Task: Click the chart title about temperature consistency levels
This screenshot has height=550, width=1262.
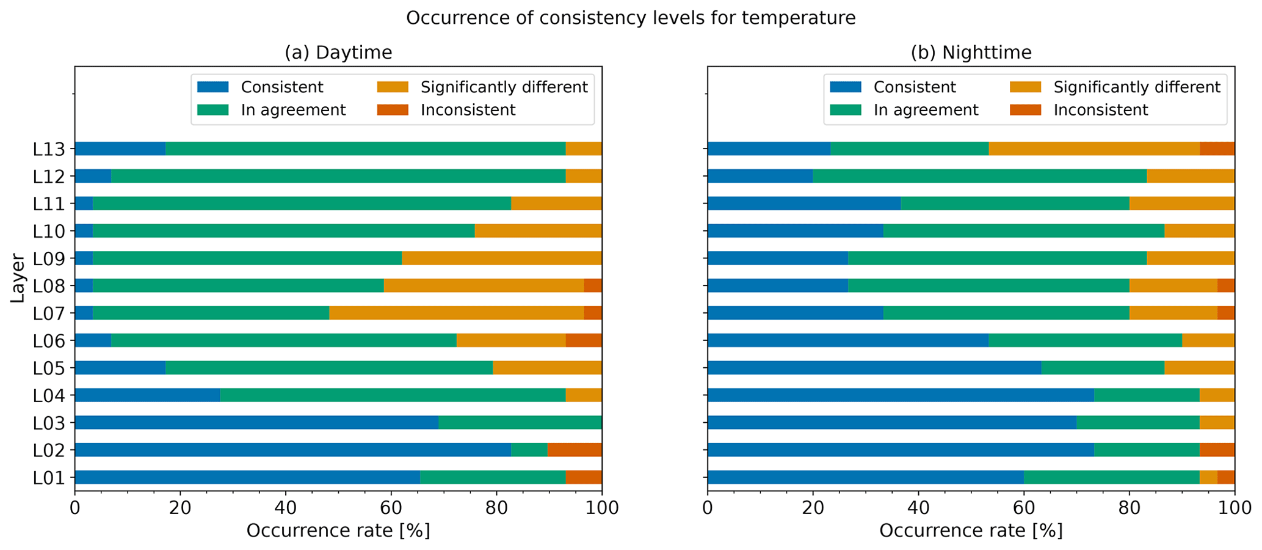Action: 631,18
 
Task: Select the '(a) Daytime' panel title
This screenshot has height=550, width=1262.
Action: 338,53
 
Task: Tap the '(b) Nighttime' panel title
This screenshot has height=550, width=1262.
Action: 971,53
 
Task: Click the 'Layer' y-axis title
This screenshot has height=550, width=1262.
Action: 18,278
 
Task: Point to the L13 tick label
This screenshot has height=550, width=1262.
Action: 48,148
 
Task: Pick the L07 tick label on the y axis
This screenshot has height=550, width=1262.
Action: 48,313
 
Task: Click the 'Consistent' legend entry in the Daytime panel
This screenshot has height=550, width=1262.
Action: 281,87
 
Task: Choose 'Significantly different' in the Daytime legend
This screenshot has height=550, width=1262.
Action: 504,87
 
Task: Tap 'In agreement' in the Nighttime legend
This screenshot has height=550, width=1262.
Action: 926,110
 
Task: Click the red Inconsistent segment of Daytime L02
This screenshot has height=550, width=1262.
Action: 575,450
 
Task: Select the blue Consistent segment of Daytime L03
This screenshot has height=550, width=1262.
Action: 256,422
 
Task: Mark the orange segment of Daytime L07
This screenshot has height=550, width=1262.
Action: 457,313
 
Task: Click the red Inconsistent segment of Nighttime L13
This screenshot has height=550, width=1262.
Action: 1217,148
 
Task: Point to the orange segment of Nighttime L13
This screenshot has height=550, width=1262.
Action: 1094,148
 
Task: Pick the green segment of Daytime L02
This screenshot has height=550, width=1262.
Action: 529,450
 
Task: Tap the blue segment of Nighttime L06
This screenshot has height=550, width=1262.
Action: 848,340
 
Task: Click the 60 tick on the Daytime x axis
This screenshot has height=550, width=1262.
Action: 391,508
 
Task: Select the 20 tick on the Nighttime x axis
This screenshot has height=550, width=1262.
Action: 813,508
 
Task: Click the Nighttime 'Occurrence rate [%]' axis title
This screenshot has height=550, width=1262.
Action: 971,530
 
